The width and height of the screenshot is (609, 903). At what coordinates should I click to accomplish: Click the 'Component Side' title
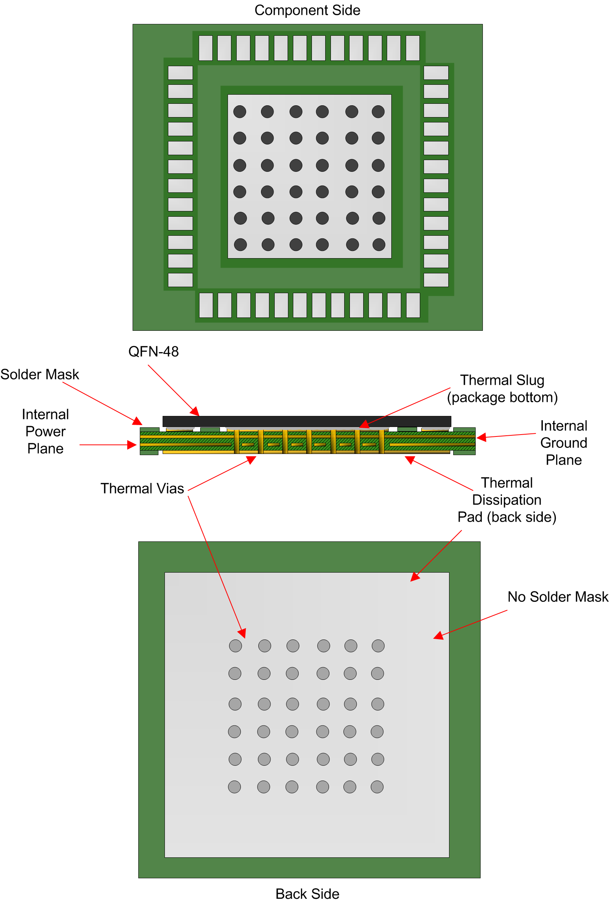[307, 10]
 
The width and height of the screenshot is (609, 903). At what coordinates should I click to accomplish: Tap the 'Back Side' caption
[307, 893]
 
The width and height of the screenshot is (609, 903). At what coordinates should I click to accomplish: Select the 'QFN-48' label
[153, 351]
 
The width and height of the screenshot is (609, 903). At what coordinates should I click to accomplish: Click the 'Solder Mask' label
[40, 374]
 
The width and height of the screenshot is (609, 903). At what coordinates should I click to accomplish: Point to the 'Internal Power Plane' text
[46, 431]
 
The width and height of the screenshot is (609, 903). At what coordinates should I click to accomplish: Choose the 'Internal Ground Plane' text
[563, 443]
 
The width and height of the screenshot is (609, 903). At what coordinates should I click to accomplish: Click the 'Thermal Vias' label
[142, 488]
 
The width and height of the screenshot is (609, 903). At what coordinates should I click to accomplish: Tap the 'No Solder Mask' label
[557, 597]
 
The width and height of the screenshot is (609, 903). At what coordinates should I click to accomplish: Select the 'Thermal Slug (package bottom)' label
[502, 389]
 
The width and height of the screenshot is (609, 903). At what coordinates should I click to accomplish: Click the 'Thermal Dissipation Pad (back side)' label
[506, 500]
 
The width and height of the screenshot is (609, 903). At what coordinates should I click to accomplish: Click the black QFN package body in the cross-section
[307, 421]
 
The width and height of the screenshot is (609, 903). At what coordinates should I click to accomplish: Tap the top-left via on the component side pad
[239, 111]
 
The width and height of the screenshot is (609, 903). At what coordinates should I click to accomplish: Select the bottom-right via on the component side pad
[378, 244]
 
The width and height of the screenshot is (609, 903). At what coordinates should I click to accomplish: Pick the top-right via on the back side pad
[378, 646]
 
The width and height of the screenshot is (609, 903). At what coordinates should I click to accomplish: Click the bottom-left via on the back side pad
[234, 787]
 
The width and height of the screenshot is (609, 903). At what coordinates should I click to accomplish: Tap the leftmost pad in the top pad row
[205, 48]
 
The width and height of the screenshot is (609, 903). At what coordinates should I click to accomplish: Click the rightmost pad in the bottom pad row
[413, 305]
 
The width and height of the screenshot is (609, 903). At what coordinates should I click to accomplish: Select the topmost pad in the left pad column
[180, 73]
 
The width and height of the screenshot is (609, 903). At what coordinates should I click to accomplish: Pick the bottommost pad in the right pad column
[435, 280]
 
